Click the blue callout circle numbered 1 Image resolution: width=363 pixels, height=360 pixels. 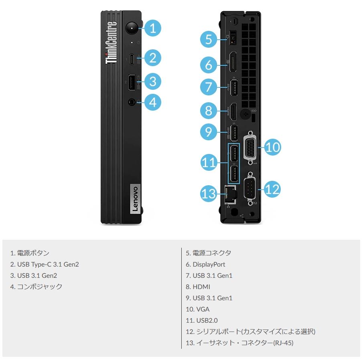pos(152,28)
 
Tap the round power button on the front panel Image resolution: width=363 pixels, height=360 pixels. pos(132,28)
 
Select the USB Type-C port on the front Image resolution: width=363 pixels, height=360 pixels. pos(132,59)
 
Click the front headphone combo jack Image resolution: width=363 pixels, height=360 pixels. pos(132,102)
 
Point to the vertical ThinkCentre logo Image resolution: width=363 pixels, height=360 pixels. pos(112,43)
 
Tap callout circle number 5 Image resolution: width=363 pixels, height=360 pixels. pos(208,40)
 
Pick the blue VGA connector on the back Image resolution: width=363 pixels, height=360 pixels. pos(250,147)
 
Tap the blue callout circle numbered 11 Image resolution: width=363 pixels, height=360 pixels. pos(209,163)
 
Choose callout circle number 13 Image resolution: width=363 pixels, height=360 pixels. pos(209,194)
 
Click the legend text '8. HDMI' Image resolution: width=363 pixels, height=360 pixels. pos(198,287)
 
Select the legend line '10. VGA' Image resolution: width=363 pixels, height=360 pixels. pos(197,309)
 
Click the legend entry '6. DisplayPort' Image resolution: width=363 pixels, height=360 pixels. pos(205,264)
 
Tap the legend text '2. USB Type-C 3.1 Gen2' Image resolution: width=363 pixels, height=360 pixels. pos(45,264)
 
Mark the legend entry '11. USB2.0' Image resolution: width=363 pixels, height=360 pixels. pos(201,320)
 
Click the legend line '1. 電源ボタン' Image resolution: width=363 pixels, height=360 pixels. pos(30,253)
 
